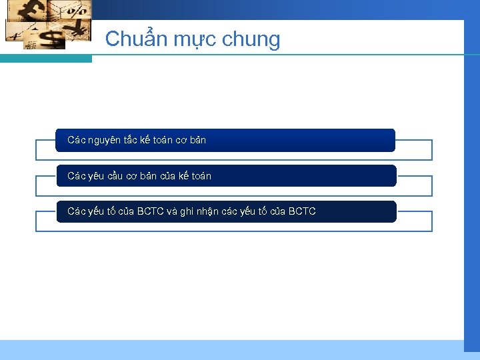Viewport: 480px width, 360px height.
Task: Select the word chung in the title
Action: (x=252, y=40)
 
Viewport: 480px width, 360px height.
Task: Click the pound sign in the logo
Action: (x=33, y=13)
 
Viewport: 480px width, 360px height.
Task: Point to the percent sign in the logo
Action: (x=77, y=11)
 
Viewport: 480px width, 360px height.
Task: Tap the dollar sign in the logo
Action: (x=49, y=38)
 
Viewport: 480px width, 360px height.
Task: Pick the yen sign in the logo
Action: (x=79, y=28)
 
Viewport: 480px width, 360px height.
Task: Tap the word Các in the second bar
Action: (x=76, y=176)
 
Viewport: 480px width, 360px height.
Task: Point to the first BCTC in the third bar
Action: (x=151, y=211)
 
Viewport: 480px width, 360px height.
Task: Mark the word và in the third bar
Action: (x=171, y=211)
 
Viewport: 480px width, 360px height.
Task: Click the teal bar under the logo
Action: (x=46, y=59)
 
